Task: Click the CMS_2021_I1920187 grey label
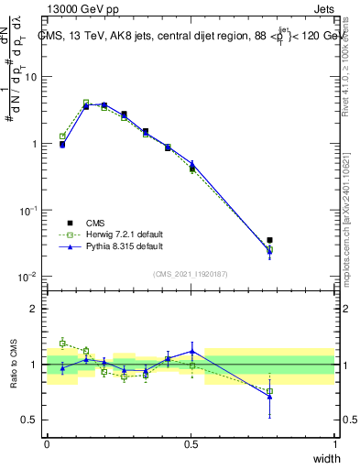point(191,272)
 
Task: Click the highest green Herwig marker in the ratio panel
point(62,343)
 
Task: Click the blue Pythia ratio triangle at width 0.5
point(191,351)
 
